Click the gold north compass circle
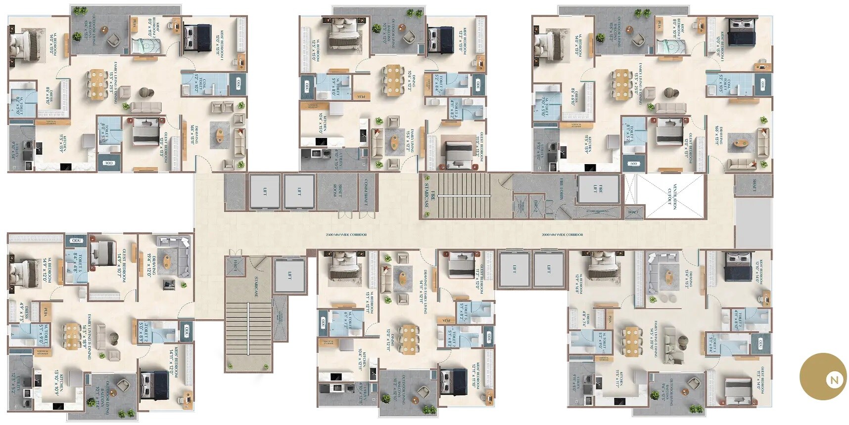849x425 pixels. pos(824,377)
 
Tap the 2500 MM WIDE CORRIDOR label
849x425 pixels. pos(346,235)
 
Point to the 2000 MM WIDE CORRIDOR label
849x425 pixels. pos(562,235)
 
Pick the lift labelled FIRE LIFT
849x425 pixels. pos(598,189)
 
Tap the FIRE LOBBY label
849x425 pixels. pos(562,188)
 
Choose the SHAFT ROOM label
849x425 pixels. pos(336,191)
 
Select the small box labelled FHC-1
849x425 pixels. pos(236,266)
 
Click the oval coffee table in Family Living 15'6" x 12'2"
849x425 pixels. pos(395,142)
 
